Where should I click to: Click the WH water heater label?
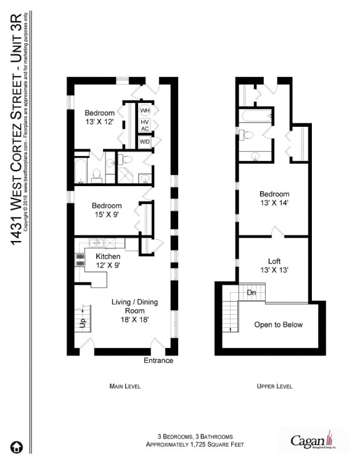pos(145,111)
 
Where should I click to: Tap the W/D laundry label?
pos(145,142)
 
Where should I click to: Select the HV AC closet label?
pos(145,126)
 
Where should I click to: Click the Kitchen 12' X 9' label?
pos(108,261)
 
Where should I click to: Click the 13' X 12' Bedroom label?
pos(99,117)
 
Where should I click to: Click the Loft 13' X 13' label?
pos(274,266)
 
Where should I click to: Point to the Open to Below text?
pos(278,325)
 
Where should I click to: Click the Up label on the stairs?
pos(81,323)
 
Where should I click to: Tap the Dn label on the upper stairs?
pos(251,292)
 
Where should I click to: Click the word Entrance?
pos(158,361)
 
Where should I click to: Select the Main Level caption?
pos(124,387)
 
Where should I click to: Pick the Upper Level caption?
pos(274,387)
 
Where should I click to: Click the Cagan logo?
pos(313,441)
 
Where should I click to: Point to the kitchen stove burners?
pos(80,260)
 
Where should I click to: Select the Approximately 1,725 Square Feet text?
pos(194,445)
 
